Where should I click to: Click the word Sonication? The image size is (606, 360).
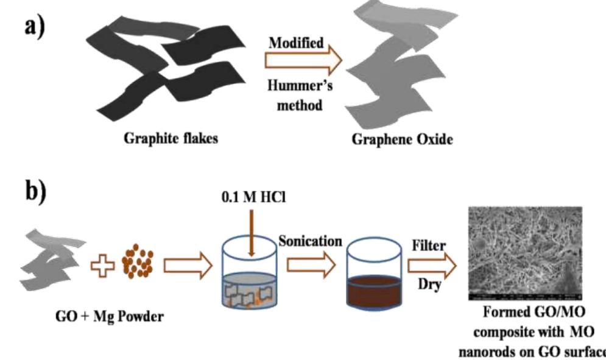[310, 240]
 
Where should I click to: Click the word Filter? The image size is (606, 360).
[429, 245]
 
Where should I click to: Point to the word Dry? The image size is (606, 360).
[429, 284]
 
